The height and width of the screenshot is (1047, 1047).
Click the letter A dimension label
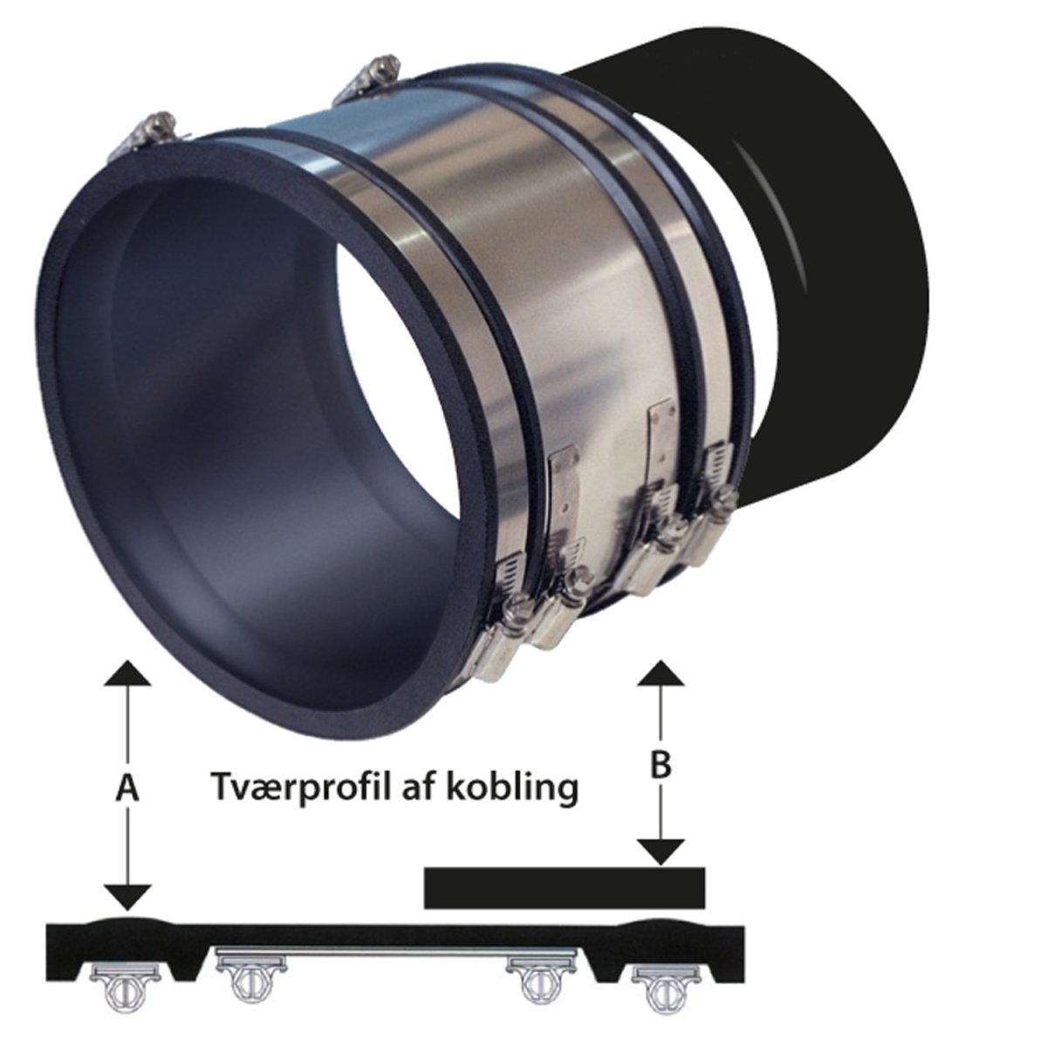[x=127, y=788]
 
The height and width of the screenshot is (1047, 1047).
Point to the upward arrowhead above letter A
[x=127, y=674]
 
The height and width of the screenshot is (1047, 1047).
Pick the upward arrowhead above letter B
[x=661, y=674]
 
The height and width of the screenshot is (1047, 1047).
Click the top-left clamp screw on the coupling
[x=147, y=133]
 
